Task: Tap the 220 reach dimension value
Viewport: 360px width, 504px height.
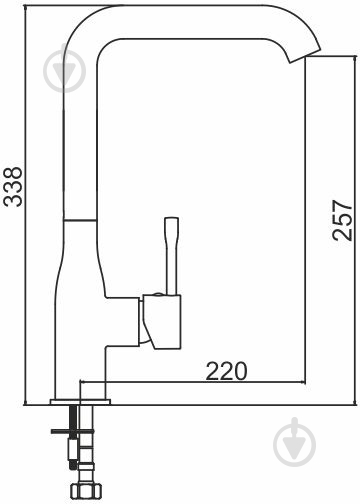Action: point(226,371)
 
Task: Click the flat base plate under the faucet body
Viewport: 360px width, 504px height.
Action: point(80,402)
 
